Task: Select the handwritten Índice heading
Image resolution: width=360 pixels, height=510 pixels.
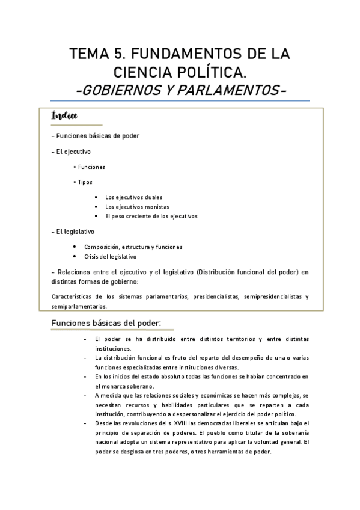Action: click(67, 115)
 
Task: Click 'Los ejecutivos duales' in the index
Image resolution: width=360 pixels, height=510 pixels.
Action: click(133, 197)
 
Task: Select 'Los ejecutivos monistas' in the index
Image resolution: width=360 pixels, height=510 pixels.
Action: click(136, 206)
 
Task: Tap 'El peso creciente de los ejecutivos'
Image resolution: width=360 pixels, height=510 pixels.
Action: click(151, 216)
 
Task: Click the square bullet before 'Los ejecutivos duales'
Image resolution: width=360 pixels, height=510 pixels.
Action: click(96, 197)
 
